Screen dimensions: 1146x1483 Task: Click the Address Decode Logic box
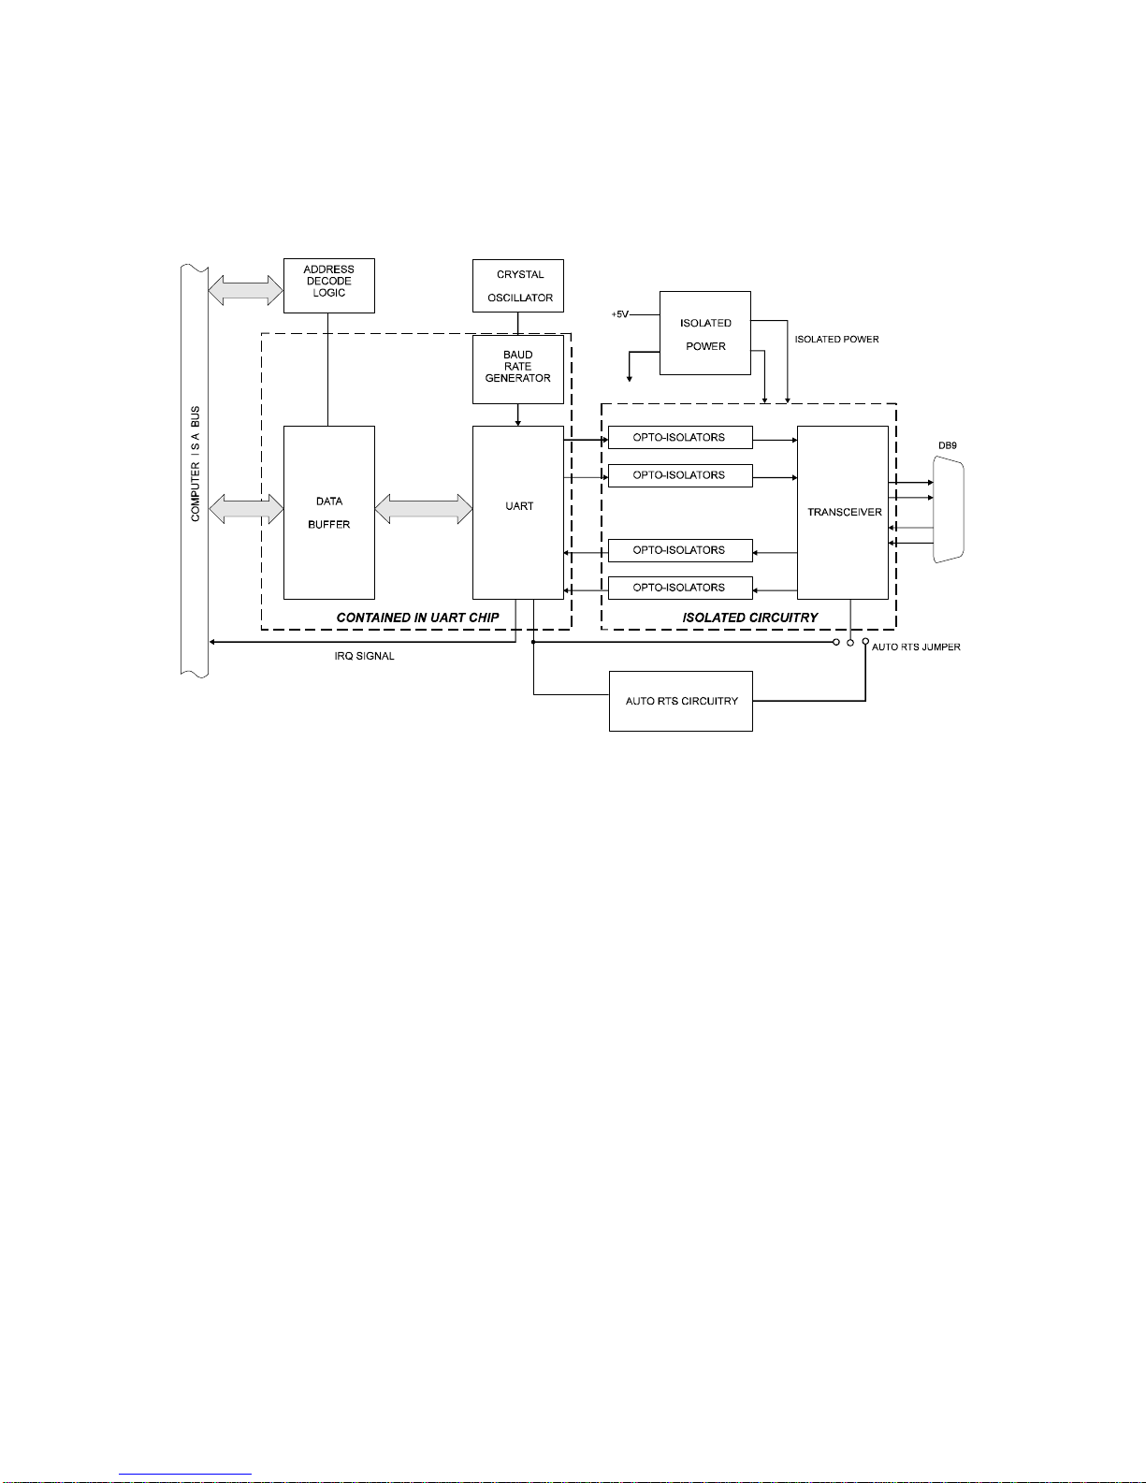pyautogui.click(x=328, y=285)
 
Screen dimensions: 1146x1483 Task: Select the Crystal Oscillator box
pyautogui.click(x=517, y=285)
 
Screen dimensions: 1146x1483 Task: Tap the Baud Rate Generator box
pyautogui.click(x=517, y=370)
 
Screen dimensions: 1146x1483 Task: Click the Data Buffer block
pyautogui.click(x=328, y=513)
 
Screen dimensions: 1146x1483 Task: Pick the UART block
pyautogui.click(x=517, y=513)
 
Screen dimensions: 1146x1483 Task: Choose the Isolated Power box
pyautogui.click(x=704, y=334)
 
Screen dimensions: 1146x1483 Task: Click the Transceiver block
pyautogui.click(x=842, y=513)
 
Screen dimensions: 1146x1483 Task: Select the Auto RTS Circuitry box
pyautogui.click(x=680, y=701)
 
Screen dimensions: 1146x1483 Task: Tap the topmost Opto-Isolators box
pyautogui.click(x=679, y=438)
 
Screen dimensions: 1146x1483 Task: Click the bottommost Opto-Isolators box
pyautogui.click(x=679, y=588)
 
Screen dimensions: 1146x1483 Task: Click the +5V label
pyautogui.click(x=620, y=314)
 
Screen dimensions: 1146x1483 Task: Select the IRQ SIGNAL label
pyautogui.click(x=364, y=657)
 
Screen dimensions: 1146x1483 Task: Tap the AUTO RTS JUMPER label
pyautogui.click(x=916, y=647)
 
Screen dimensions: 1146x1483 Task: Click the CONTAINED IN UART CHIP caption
pyautogui.click(x=417, y=618)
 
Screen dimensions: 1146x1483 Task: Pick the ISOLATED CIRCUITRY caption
pyautogui.click(x=749, y=618)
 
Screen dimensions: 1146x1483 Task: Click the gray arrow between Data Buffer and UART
pyautogui.click(x=424, y=509)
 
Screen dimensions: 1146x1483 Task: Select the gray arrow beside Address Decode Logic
pyautogui.click(x=245, y=289)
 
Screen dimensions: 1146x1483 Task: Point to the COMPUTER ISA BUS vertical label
pyautogui.click(x=196, y=464)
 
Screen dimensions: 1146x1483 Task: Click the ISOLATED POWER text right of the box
pyautogui.click(x=836, y=340)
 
